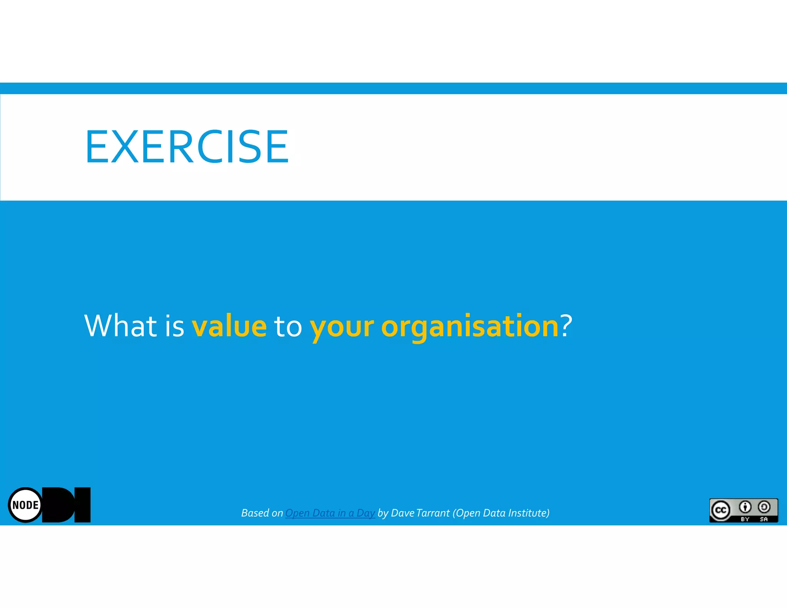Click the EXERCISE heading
(x=187, y=147)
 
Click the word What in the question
(x=120, y=326)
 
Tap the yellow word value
(x=229, y=326)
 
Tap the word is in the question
(x=174, y=326)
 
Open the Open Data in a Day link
(x=330, y=513)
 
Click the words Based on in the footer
(x=262, y=513)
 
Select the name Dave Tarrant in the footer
(x=420, y=513)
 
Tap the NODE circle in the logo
(x=25, y=505)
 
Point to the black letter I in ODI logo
(x=82, y=505)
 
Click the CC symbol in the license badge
(x=720, y=510)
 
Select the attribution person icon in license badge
(x=745, y=507)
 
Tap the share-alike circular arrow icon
(x=764, y=507)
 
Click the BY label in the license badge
(x=745, y=519)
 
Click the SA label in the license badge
(x=764, y=519)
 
